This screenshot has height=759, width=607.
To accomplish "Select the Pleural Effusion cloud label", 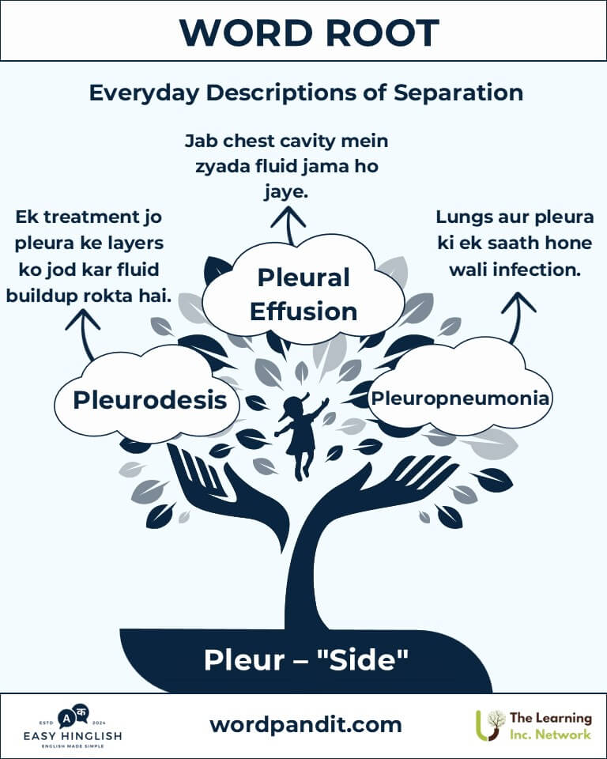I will pos(303,294).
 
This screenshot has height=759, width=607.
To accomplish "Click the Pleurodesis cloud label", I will pos(150,399).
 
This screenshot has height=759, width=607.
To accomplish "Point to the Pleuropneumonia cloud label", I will pos(460,398).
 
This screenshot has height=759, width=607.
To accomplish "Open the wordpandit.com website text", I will pos(305,724).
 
